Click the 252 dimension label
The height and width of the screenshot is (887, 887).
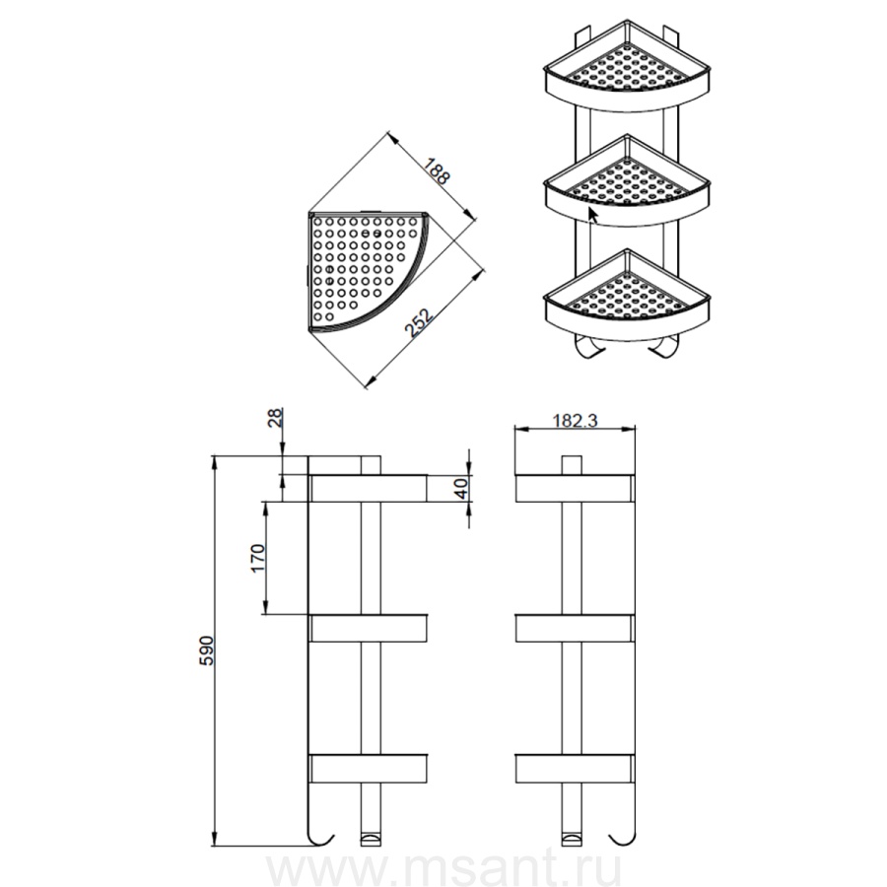pos(420,322)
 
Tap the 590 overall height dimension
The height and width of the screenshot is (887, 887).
pos(207,650)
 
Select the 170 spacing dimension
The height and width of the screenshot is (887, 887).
pos(258,558)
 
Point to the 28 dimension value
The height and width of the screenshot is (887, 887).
pos(274,418)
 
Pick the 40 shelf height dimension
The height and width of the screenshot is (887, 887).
pos(461,488)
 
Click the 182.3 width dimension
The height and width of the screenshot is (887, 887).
pos(575,420)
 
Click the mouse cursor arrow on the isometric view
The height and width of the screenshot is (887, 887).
pos(593,215)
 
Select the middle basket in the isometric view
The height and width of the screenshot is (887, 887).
pos(626,180)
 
